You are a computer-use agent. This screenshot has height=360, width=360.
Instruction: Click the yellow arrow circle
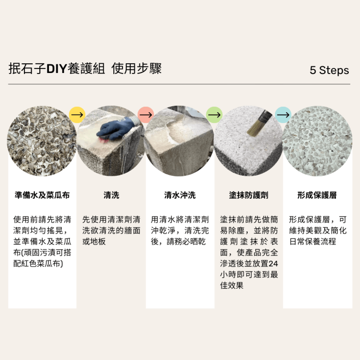click(77, 115)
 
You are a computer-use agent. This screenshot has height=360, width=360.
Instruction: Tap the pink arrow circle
click(146, 115)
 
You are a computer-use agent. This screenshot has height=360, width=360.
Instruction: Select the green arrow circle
click(214, 115)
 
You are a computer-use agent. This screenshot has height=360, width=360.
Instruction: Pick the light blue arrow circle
click(283, 115)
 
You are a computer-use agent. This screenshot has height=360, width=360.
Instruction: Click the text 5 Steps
click(329, 70)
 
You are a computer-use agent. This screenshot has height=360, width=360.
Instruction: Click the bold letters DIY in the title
click(57, 69)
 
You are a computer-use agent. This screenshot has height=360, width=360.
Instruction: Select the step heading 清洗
click(111, 195)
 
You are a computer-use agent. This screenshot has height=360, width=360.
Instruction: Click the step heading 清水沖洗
click(180, 195)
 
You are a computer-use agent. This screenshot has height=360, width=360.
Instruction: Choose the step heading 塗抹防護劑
click(249, 195)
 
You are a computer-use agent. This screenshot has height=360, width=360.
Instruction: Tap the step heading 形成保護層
click(317, 195)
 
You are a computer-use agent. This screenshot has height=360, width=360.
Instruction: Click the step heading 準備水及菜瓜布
click(42, 195)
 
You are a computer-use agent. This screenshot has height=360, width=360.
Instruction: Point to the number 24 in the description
click(273, 263)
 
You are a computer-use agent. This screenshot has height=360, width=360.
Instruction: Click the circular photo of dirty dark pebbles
click(42, 141)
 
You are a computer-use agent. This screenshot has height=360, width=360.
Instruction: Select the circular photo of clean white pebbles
click(317, 141)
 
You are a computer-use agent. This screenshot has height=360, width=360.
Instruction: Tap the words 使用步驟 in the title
click(137, 68)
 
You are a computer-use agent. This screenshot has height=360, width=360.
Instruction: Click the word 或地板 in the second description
click(94, 242)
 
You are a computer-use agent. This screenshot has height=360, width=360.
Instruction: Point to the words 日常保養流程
click(313, 242)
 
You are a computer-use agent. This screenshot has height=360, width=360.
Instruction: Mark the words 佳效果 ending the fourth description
click(232, 285)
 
